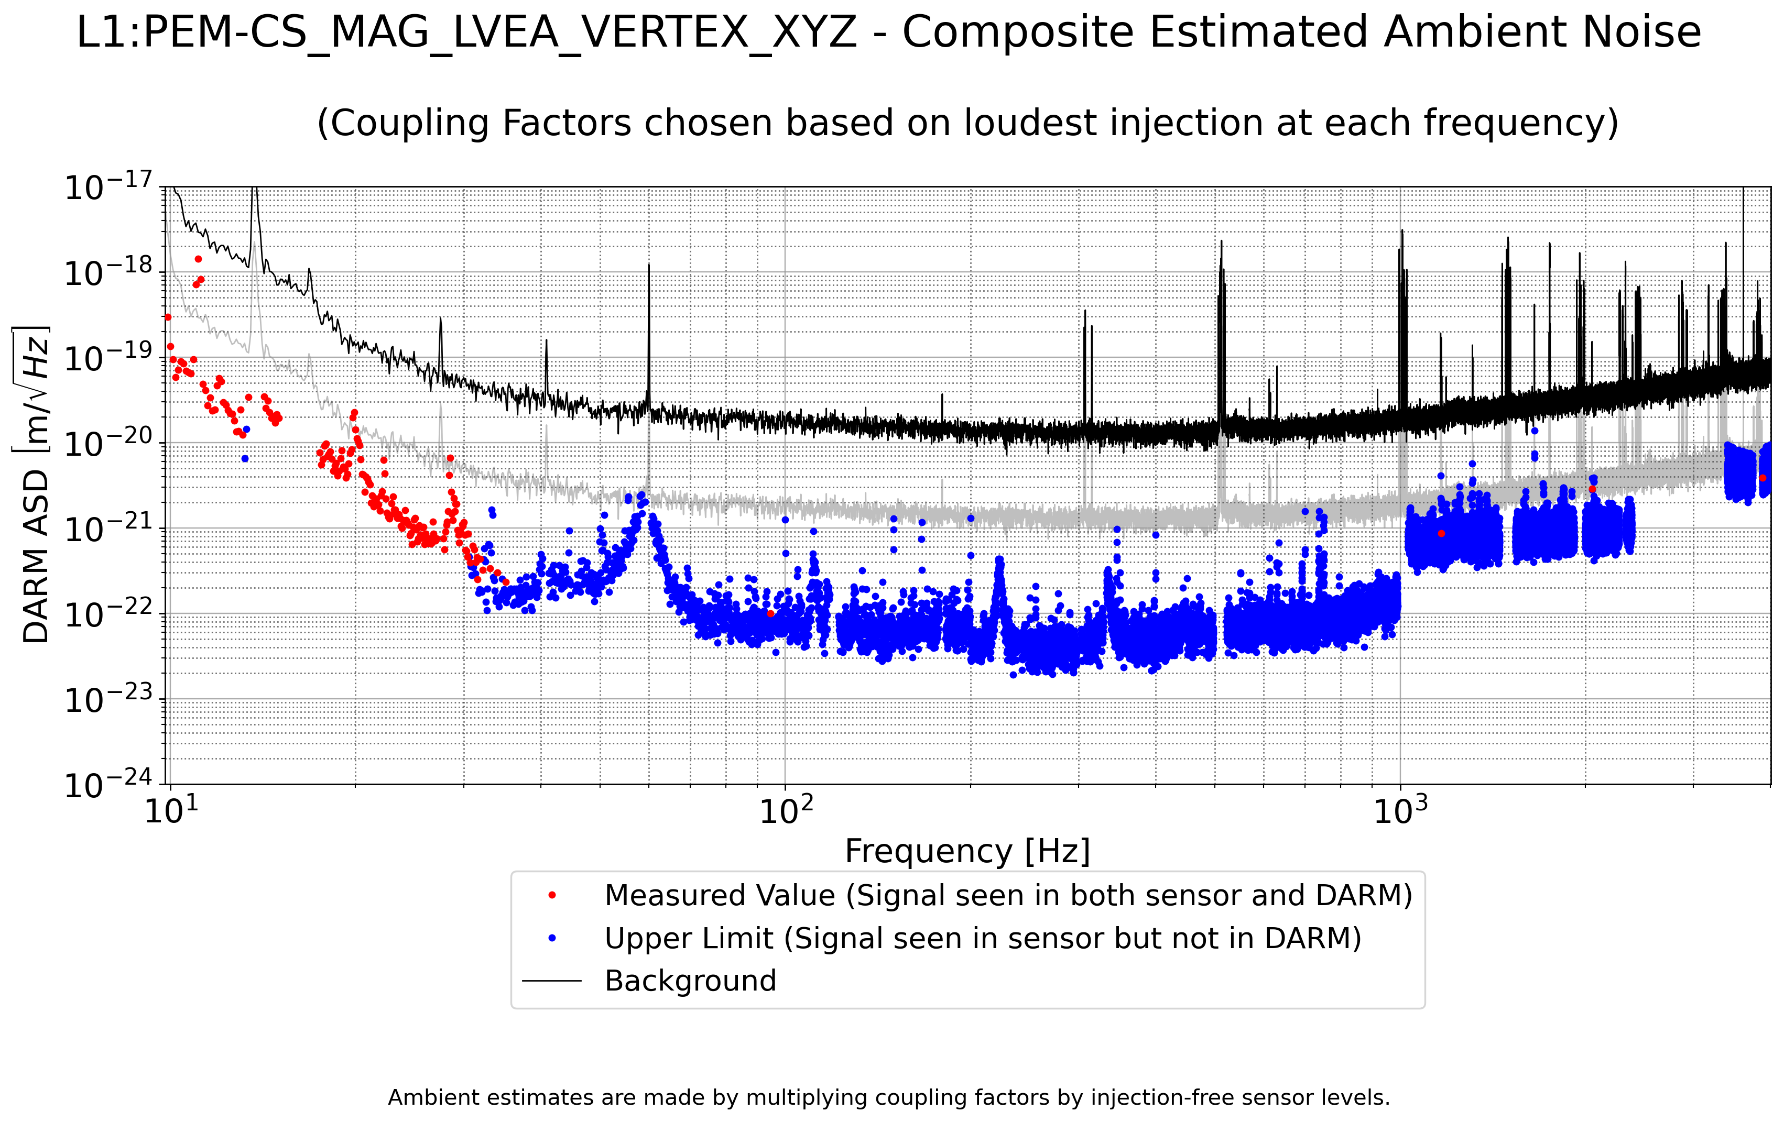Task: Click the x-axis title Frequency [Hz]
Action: [x=967, y=851]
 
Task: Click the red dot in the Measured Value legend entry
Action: [x=552, y=895]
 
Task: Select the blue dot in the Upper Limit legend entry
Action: [x=552, y=938]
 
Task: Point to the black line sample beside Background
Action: [x=552, y=981]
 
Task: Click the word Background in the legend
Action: [x=690, y=981]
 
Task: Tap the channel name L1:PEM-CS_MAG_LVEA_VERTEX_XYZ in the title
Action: [x=467, y=32]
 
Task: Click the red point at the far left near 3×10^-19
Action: [x=168, y=317]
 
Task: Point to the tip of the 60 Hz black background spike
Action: [x=649, y=265]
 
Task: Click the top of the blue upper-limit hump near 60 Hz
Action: [x=641, y=494]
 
